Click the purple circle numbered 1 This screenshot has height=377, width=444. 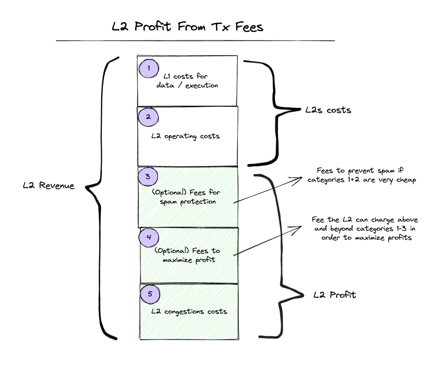click(149, 68)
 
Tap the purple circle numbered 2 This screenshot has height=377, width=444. click(148, 117)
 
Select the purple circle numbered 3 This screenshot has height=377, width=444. click(148, 177)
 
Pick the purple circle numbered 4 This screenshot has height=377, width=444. click(149, 237)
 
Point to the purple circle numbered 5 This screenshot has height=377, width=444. click(150, 294)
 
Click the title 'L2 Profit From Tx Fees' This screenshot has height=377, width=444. click(187, 27)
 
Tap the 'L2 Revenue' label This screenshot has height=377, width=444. click(49, 186)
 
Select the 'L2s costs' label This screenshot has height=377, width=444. click(328, 110)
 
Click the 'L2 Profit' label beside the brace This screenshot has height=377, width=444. click(335, 295)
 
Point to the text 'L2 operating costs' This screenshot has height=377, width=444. click(185, 136)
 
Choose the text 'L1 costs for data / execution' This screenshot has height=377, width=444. click(187, 81)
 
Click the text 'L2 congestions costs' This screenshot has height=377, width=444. click(189, 312)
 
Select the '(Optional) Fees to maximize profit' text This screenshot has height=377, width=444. click(188, 255)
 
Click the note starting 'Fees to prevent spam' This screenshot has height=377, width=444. click(361, 175)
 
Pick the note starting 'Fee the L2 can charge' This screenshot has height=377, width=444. click(365, 229)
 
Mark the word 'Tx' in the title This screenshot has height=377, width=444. click(221, 27)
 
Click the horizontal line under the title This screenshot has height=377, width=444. click(195, 41)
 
